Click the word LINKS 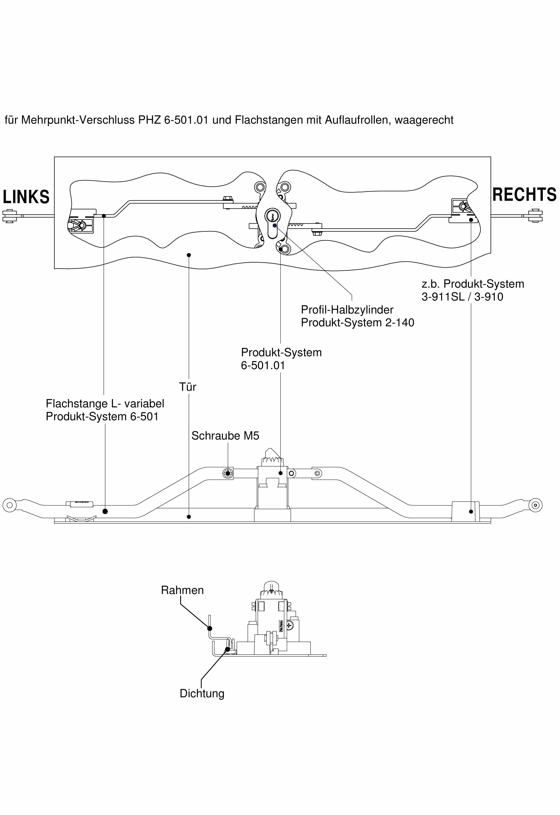[26, 197]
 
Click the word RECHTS [524, 195]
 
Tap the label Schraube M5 [225, 436]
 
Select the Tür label [187, 387]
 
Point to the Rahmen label [182, 590]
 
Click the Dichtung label [202, 694]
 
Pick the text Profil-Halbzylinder [347, 310]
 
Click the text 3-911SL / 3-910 [462, 297]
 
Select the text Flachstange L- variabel [105, 404]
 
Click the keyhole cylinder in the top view [273, 215]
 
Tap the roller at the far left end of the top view [9, 216]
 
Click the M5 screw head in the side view [228, 473]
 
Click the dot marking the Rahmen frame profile [210, 629]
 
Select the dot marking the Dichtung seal [227, 650]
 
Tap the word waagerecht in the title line [424, 120]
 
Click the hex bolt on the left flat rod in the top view [228, 200]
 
